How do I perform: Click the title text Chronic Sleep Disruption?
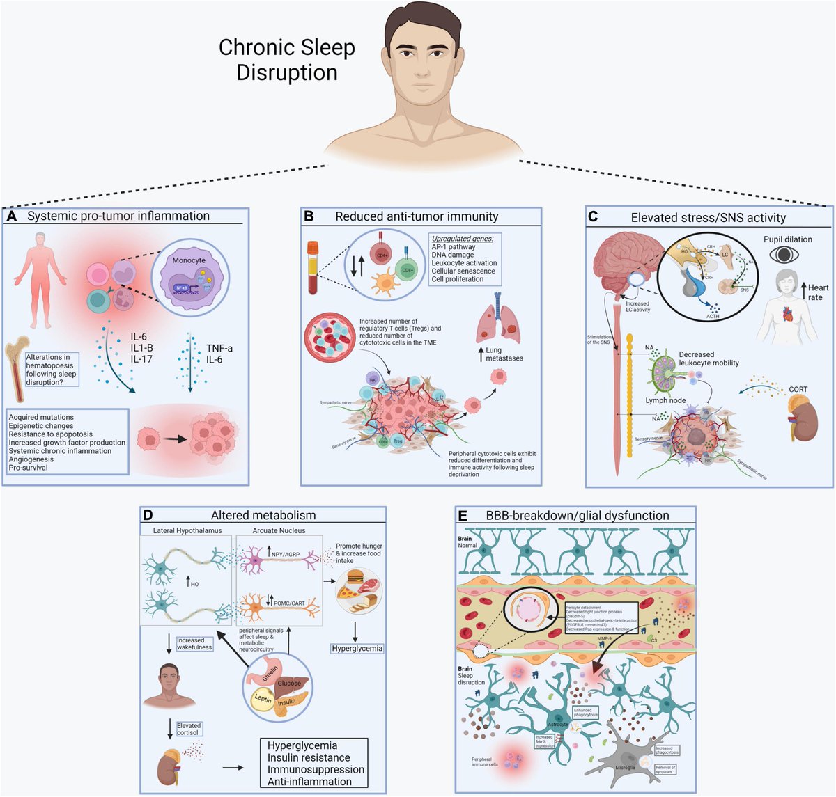pyautogui.click(x=286, y=60)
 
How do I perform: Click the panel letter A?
pyautogui.click(x=12, y=216)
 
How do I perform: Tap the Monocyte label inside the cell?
pyautogui.click(x=189, y=260)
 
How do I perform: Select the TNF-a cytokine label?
pyautogui.click(x=219, y=348)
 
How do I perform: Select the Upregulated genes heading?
pyautogui.click(x=462, y=239)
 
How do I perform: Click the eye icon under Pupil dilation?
pyautogui.click(x=783, y=255)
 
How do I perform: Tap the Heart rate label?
pyautogui.click(x=816, y=292)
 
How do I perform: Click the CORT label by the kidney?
pyautogui.click(x=798, y=390)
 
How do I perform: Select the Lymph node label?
pyautogui.click(x=666, y=400)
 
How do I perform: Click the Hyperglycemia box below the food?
pyautogui.click(x=356, y=648)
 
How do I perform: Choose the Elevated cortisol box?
pyautogui.click(x=188, y=729)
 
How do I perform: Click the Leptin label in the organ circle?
pyautogui.click(x=263, y=698)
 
